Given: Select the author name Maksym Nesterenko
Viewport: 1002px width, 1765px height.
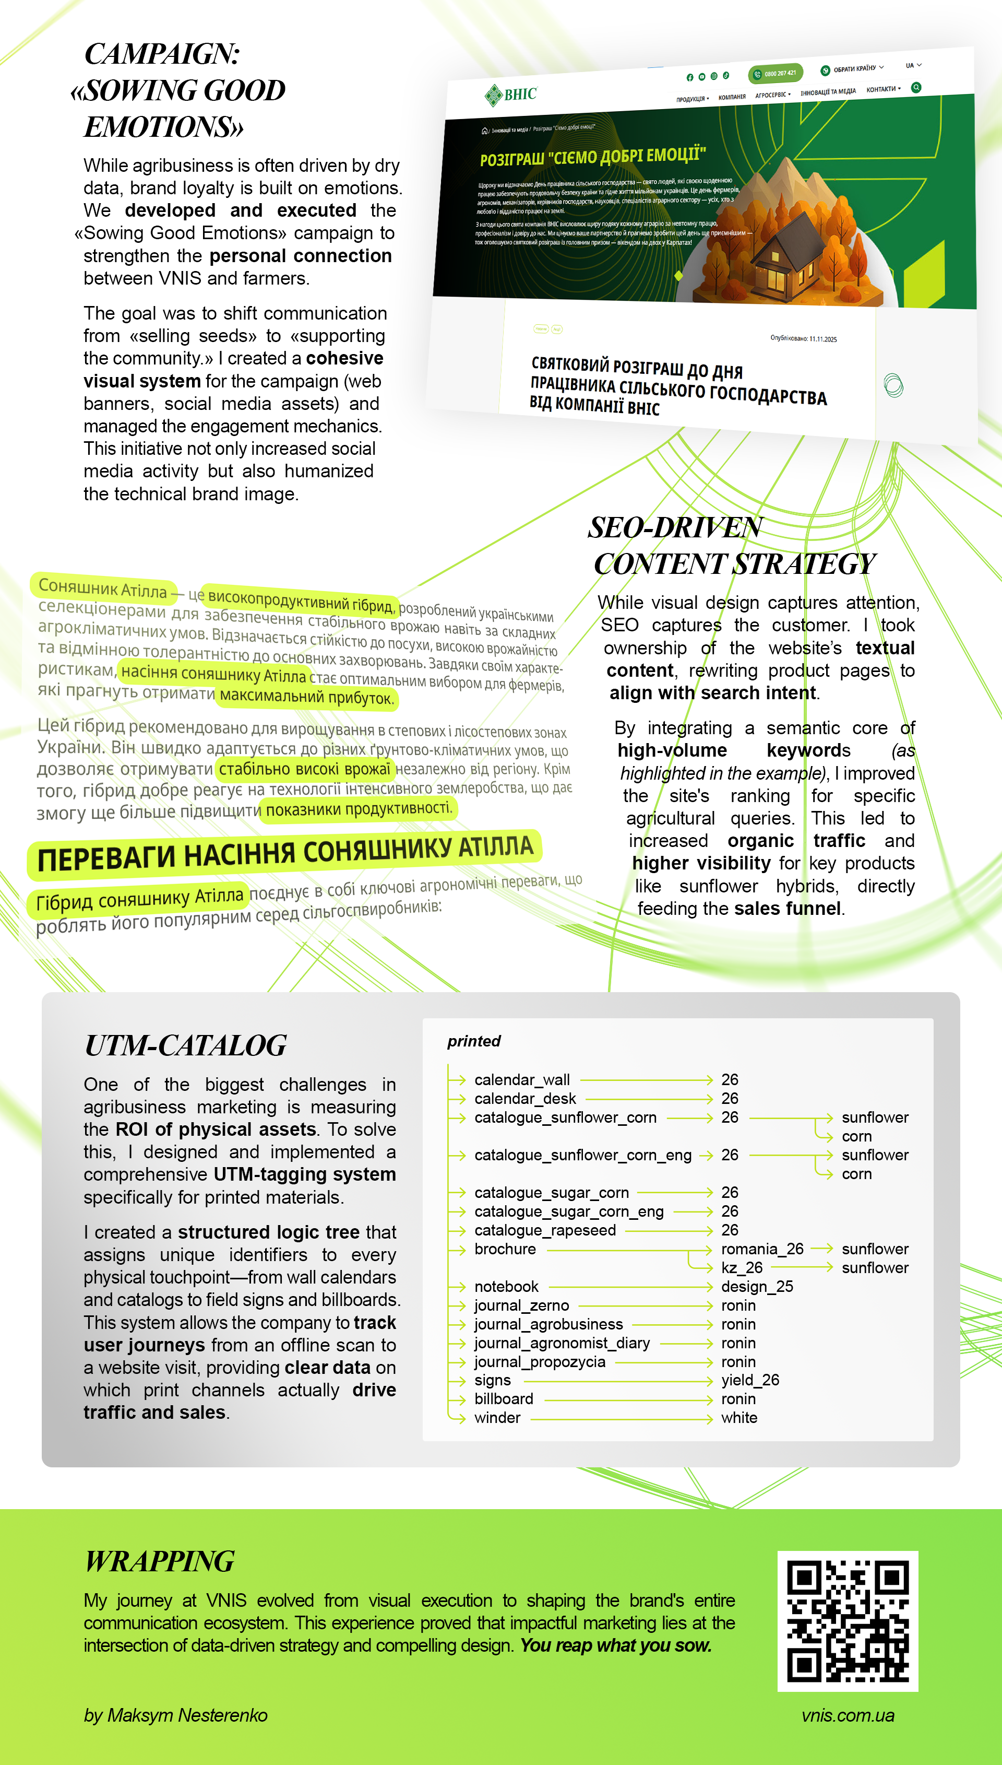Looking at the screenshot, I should (175, 1715).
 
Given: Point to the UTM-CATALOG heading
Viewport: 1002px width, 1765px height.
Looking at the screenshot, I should (185, 1045).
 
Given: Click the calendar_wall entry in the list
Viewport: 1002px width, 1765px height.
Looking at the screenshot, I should (522, 1079).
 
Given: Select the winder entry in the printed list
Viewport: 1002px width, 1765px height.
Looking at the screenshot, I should (497, 1417).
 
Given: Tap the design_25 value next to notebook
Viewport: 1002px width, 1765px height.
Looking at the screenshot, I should (756, 1286).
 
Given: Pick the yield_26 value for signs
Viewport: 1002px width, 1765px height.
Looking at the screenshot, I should (749, 1380).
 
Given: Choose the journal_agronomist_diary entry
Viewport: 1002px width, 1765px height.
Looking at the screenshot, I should (562, 1343).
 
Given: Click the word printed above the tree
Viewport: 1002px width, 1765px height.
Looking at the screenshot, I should (473, 1041).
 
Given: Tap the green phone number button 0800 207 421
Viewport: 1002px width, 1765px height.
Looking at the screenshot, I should (776, 73).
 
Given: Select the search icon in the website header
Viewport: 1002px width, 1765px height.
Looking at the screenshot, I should (915, 87).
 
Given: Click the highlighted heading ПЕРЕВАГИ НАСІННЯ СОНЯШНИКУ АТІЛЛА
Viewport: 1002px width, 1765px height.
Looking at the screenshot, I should (285, 854).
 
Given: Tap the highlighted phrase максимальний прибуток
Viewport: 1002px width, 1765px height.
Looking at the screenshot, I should (306, 697).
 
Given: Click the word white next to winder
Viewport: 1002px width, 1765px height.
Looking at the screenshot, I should (738, 1417).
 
